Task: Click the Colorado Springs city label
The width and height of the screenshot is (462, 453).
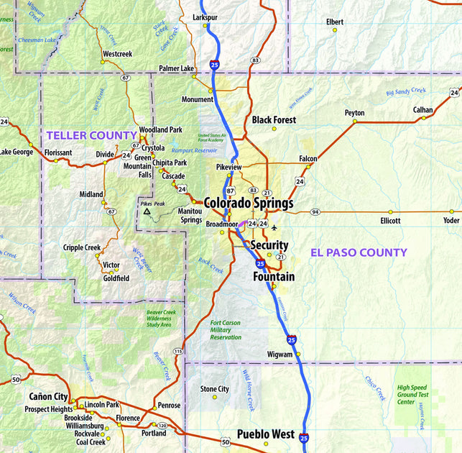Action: click(x=249, y=203)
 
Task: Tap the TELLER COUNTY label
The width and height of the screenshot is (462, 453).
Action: click(x=91, y=135)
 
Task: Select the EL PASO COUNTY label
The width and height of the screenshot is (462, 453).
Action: click(x=359, y=252)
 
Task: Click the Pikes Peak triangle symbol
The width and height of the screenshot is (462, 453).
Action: click(x=147, y=212)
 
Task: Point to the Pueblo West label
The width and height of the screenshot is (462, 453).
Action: click(x=266, y=434)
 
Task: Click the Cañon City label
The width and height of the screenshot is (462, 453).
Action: click(x=48, y=396)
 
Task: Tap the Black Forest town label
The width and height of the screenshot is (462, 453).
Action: click(x=274, y=119)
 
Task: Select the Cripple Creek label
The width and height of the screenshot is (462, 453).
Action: click(x=82, y=247)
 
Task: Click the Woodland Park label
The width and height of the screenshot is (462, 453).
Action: click(x=161, y=129)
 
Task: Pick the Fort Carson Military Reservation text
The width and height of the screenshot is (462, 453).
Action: click(x=226, y=330)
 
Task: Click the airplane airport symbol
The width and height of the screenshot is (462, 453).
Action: click(x=274, y=228)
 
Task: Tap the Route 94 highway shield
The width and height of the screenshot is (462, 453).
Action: click(x=315, y=212)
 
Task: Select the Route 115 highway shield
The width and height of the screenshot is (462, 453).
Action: click(x=178, y=351)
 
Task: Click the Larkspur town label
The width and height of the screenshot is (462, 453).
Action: click(x=205, y=17)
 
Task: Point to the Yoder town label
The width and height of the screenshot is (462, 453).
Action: click(x=451, y=221)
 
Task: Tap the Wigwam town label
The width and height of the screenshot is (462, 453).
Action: click(x=280, y=354)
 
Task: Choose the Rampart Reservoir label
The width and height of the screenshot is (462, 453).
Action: click(x=194, y=150)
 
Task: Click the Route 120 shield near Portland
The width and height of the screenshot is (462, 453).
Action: click(x=162, y=426)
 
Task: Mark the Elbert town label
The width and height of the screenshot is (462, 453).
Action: click(x=335, y=22)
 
